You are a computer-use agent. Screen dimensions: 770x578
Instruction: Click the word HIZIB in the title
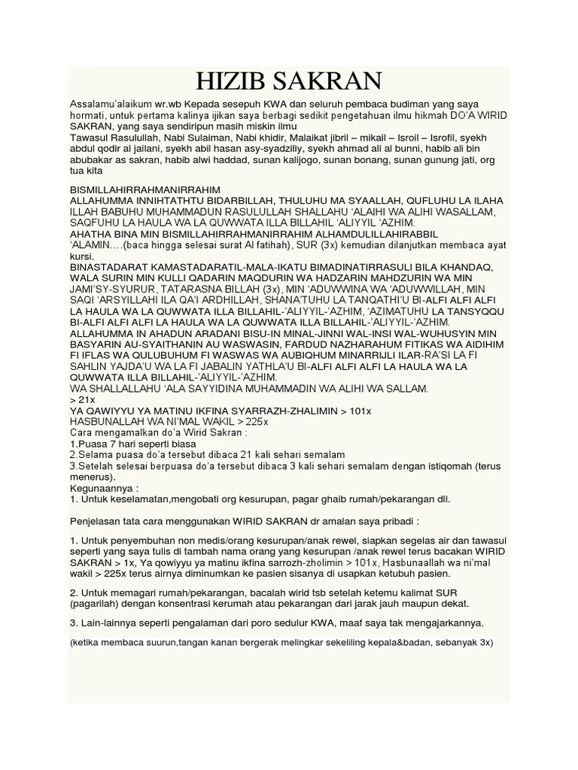(230, 80)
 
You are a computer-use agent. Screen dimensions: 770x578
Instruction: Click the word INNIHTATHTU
(171, 202)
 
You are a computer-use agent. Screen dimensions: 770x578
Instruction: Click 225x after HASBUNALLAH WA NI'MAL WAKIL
(256, 422)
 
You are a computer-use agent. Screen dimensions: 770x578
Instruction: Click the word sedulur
(303, 623)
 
